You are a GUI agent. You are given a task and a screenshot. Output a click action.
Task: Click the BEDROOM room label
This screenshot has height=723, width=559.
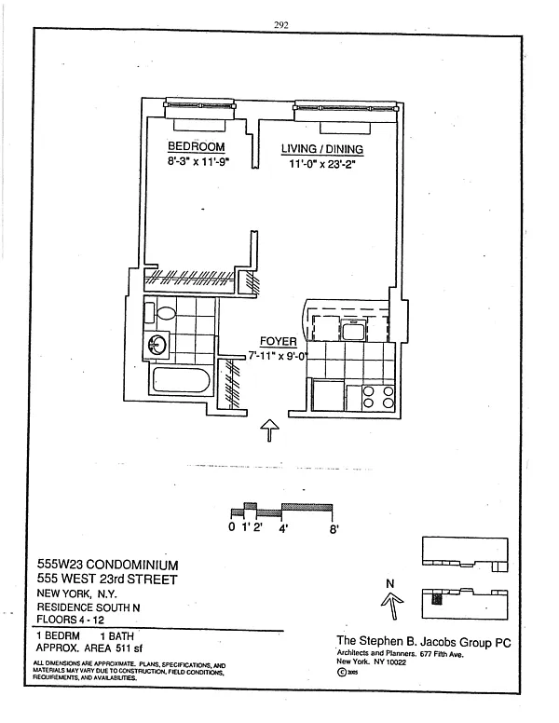tap(196, 147)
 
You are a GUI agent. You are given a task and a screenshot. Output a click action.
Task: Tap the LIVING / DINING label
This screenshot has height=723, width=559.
tap(322, 149)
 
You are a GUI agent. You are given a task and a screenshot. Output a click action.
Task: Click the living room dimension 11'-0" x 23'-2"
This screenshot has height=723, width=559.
tap(321, 164)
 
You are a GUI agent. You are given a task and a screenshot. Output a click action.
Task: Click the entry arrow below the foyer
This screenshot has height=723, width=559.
tap(269, 430)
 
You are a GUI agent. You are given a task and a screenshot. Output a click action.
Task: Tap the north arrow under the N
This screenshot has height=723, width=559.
tap(390, 607)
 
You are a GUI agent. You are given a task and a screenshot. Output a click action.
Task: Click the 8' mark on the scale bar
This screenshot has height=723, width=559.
tap(333, 528)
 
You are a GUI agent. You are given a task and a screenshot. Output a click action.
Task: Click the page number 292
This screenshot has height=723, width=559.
tap(282, 25)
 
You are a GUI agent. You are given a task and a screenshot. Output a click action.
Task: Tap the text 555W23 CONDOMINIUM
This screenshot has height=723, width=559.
tap(107, 565)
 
